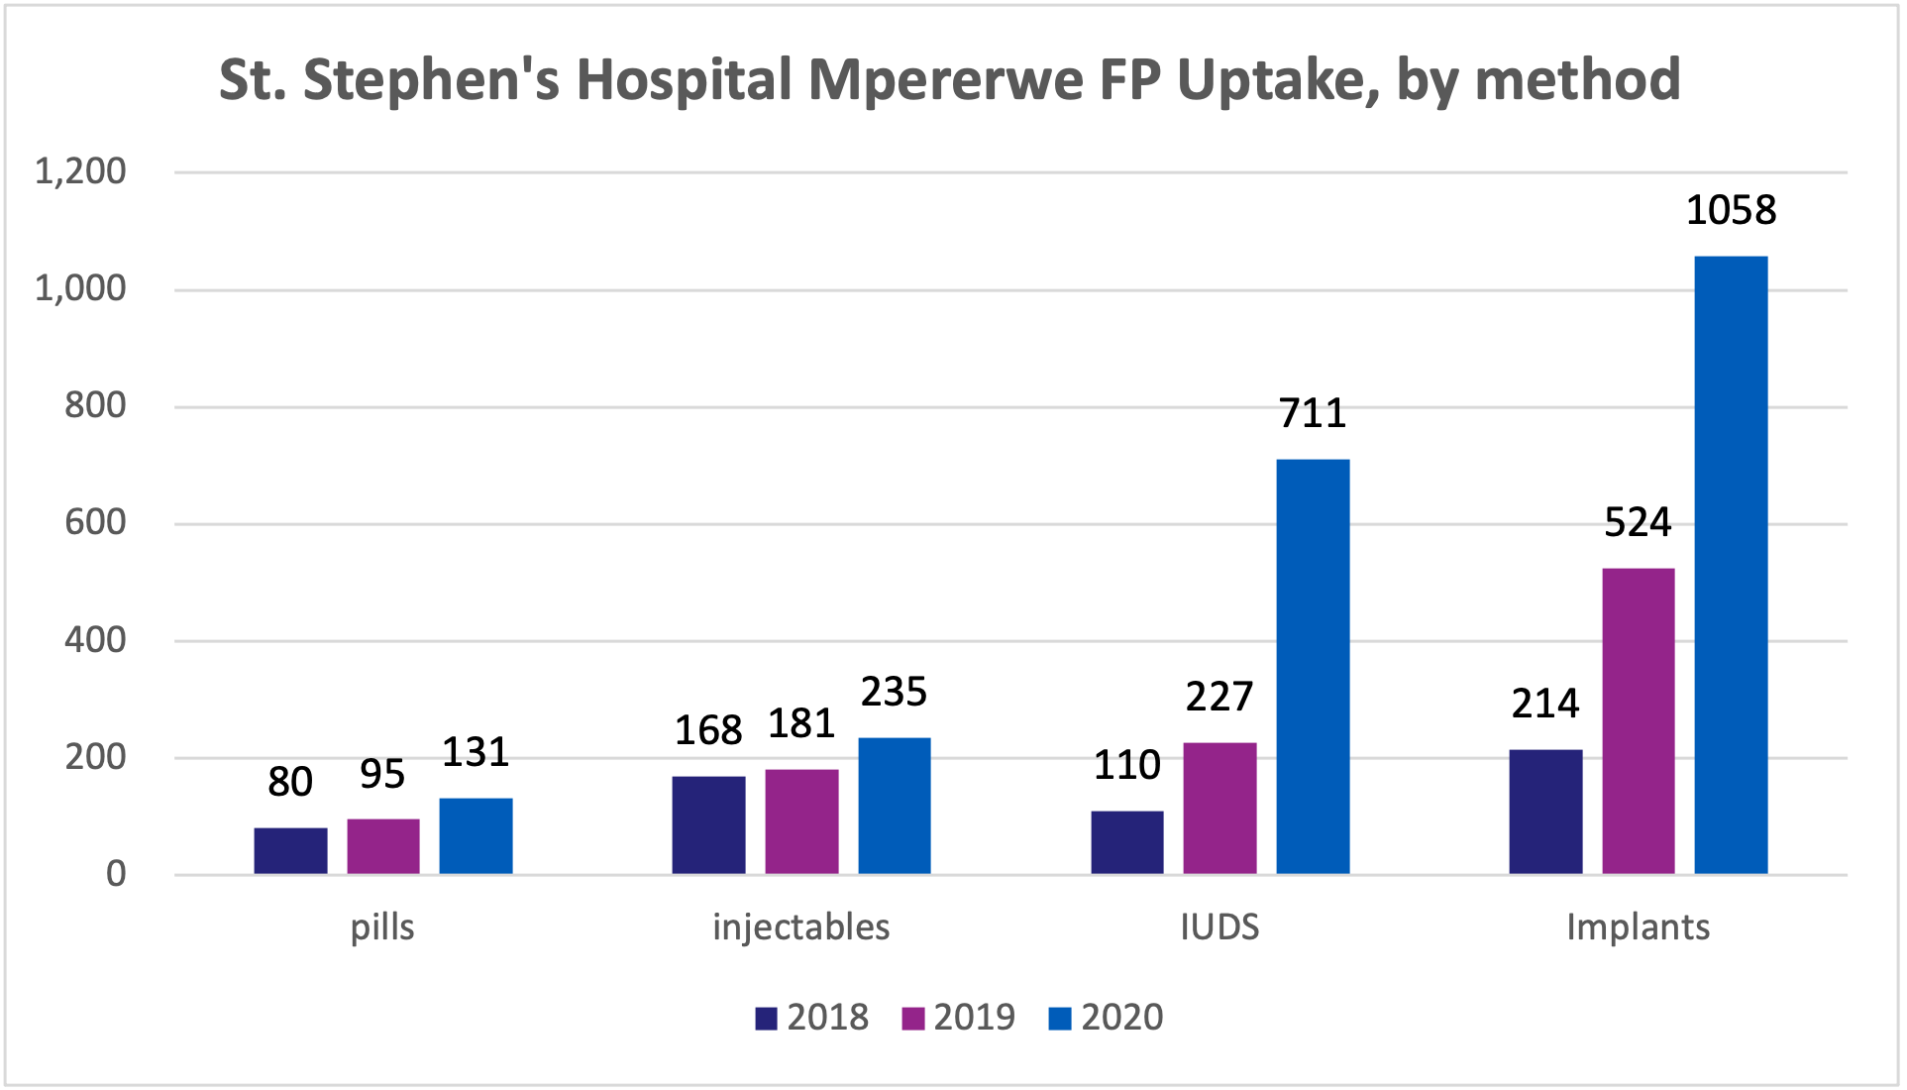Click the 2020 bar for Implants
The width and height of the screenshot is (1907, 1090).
[x=1731, y=565]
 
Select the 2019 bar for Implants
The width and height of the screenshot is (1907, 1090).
[x=1638, y=720]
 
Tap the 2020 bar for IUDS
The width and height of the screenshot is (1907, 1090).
[x=1313, y=666]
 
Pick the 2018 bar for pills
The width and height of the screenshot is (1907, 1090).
[x=290, y=850]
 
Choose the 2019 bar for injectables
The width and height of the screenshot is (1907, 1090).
[x=801, y=821]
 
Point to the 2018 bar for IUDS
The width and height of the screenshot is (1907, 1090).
[x=1127, y=842]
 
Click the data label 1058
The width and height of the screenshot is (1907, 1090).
[x=1731, y=210]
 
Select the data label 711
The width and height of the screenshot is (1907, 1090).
[x=1313, y=413]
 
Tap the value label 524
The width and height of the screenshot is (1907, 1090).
[x=1638, y=522]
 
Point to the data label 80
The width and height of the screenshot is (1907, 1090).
[x=290, y=782]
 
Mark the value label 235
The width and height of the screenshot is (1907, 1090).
[x=894, y=692]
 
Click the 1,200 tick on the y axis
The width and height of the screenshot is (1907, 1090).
[x=81, y=171]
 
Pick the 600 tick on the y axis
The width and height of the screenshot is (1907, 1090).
[x=95, y=522]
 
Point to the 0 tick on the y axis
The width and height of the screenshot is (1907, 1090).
[x=116, y=874]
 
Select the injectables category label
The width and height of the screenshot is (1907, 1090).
[x=801, y=927]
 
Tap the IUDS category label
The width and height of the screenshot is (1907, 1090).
[x=1219, y=927]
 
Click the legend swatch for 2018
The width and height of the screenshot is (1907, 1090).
[x=766, y=1019]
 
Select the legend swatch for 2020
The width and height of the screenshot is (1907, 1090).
[x=1060, y=1019]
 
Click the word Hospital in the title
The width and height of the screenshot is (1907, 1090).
[x=684, y=79]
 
